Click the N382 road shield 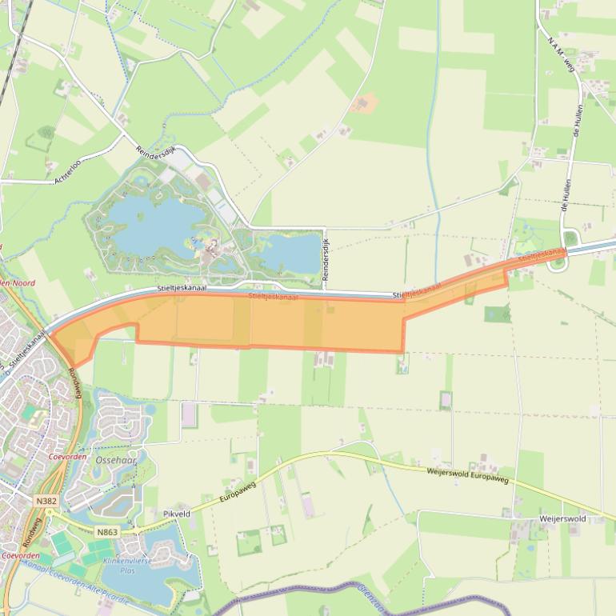point(46,499)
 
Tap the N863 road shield point(107,532)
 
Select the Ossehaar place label point(116,460)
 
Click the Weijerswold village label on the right point(563,518)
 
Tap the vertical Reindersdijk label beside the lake point(326,260)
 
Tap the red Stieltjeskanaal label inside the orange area point(274,296)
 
